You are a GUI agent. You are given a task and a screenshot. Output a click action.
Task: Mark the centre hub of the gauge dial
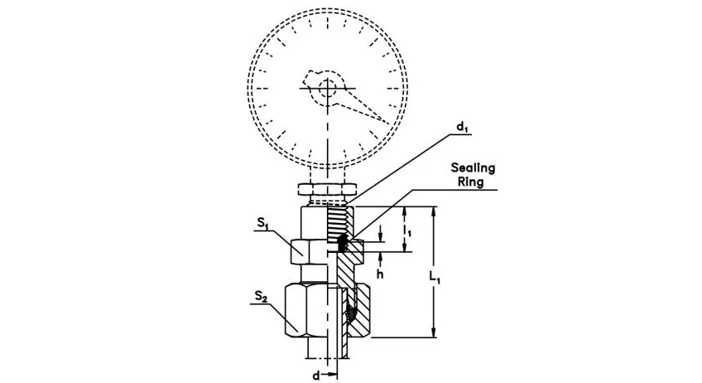click(x=329, y=87)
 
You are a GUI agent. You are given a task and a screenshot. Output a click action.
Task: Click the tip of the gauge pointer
click(x=386, y=122)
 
